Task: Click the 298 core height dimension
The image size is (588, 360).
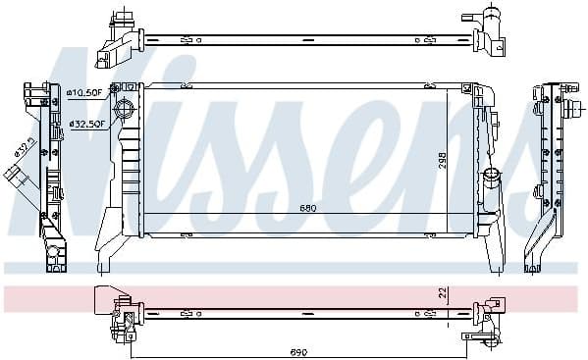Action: (443, 161)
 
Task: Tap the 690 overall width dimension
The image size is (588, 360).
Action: (297, 350)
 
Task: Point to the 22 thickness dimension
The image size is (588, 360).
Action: (443, 293)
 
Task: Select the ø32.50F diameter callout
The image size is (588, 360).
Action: (85, 124)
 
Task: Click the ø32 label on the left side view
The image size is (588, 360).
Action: (23, 148)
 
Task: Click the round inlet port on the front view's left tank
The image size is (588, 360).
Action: (124, 108)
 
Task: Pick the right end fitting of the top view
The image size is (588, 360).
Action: (483, 35)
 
